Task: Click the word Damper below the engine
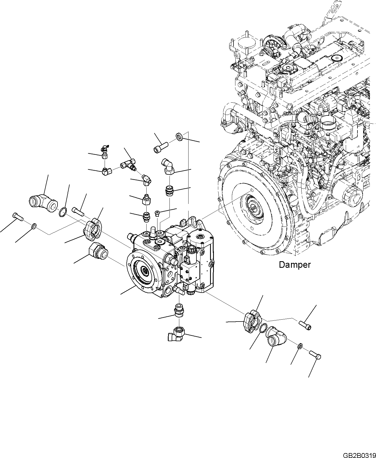(x=295, y=264)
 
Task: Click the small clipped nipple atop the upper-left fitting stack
(x=104, y=149)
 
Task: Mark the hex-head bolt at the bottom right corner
(x=316, y=355)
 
